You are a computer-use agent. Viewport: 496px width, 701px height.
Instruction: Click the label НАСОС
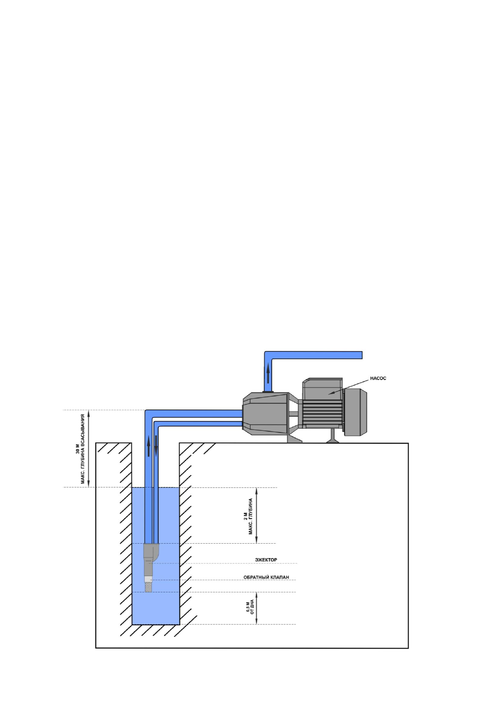pos(378,378)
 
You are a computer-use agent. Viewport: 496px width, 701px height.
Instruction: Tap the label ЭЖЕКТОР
pos(266,560)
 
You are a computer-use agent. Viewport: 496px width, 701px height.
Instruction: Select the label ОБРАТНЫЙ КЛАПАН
pos(266,577)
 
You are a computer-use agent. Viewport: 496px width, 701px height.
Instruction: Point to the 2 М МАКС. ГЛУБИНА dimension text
pos(248,516)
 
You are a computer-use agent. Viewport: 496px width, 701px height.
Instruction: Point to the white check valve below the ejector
pos(148,579)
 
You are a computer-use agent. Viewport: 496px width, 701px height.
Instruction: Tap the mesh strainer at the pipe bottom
pos(148,587)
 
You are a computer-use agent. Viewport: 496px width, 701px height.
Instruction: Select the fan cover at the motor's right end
pos(355,412)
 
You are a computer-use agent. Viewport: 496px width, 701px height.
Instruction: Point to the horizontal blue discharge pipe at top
pos(317,355)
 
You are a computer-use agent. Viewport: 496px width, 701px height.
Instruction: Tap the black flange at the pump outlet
pos(268,391)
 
